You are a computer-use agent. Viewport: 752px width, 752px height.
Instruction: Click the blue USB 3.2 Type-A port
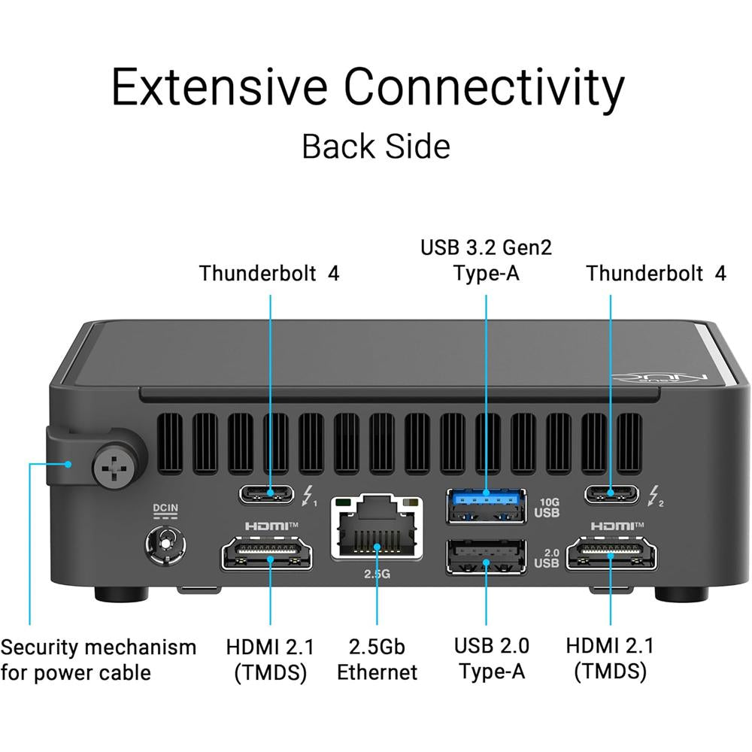486,505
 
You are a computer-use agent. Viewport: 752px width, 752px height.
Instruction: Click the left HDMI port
267,556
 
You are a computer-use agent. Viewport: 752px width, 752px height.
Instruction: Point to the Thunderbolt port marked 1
269,495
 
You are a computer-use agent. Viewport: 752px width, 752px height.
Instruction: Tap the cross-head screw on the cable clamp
115,464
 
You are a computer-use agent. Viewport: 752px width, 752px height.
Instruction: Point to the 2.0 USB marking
547,556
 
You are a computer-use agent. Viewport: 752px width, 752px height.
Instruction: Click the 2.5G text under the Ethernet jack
376,574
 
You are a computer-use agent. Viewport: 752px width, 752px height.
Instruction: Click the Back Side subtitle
376,146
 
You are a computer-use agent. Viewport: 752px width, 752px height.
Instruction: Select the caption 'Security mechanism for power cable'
98,660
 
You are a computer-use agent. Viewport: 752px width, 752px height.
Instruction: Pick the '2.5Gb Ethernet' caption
376,659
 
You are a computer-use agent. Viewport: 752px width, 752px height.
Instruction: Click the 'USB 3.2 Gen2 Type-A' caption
486,259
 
